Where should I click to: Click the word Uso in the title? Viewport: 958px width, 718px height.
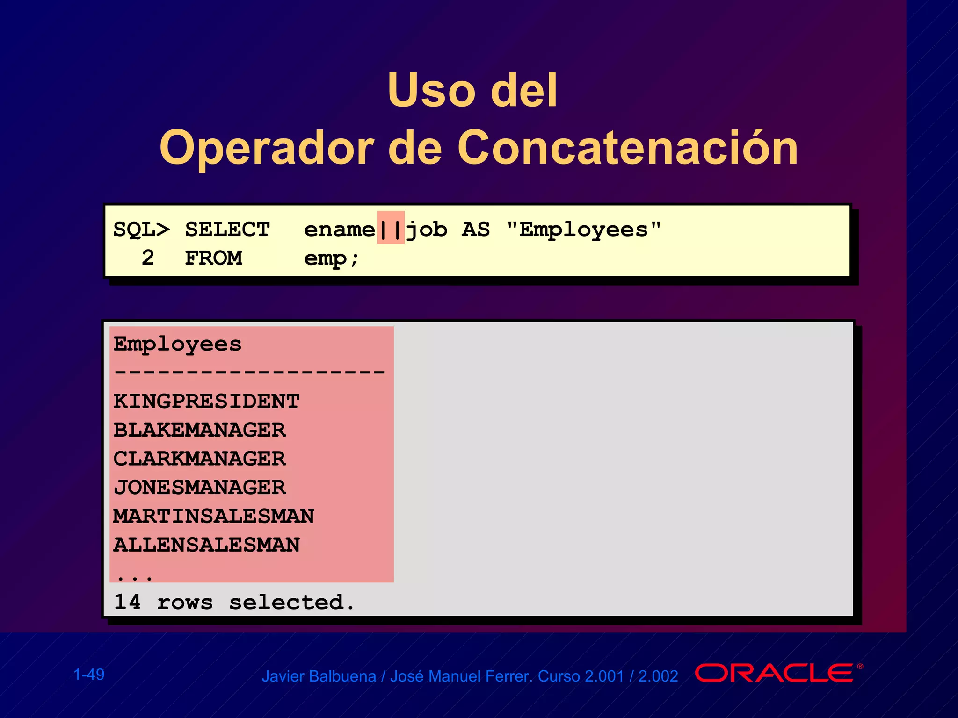[x=431, y=90]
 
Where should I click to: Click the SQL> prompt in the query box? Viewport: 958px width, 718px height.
[x=142, y=230]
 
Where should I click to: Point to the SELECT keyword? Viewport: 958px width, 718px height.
[x=227, y=230]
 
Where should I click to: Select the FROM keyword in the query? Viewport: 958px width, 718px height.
[x=213, y=258]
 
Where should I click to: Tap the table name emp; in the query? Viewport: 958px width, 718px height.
[x=331, y=258]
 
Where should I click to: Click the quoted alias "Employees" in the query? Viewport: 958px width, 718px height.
[x=584, y=229]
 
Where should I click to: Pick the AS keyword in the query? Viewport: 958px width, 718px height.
[x=475, y=230]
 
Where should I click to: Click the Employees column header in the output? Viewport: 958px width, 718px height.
[x=177, y=345]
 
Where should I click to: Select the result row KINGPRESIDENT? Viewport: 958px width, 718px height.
[x=206, y=402]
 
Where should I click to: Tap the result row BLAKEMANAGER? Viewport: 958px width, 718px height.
[x=199, y=430]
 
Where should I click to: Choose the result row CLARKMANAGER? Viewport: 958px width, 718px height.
[x=199, y=459]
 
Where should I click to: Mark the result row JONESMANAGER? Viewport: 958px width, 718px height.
[x=199, y=488]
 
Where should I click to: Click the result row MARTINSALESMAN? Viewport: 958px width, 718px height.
[x=214, y=516]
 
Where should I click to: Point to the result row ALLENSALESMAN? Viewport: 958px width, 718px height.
[x=206, y=545]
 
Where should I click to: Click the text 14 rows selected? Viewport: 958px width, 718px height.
[x=234, y=602]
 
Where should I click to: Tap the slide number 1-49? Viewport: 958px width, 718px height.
[x=89, y=675]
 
